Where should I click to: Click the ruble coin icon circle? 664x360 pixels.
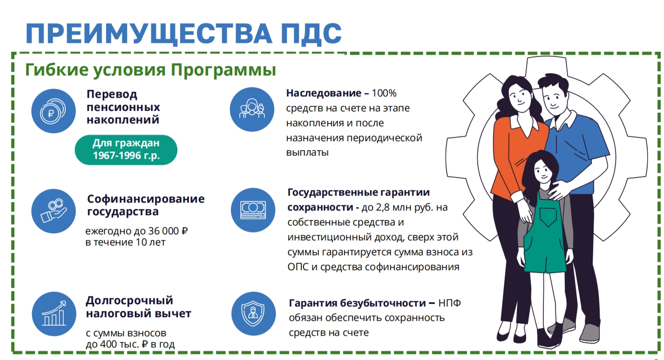[54, 111]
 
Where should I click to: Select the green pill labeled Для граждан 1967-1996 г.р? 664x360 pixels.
[126, 150]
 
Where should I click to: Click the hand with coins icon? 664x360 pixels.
[54, 211]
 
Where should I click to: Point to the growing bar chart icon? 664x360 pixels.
[54, 314]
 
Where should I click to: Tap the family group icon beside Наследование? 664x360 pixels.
[252, 109]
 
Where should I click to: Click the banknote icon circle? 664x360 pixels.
[253, 210]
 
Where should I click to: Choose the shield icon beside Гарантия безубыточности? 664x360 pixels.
[253, 314]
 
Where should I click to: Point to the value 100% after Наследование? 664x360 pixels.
[384, 93]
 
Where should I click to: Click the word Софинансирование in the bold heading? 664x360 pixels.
[146, 199]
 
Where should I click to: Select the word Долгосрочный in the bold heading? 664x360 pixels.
[129, 301]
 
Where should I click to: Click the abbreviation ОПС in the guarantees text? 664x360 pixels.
[298, 267]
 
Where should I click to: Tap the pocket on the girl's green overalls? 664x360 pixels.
[548, 217]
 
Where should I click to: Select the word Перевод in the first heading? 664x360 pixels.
[112, 95]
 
